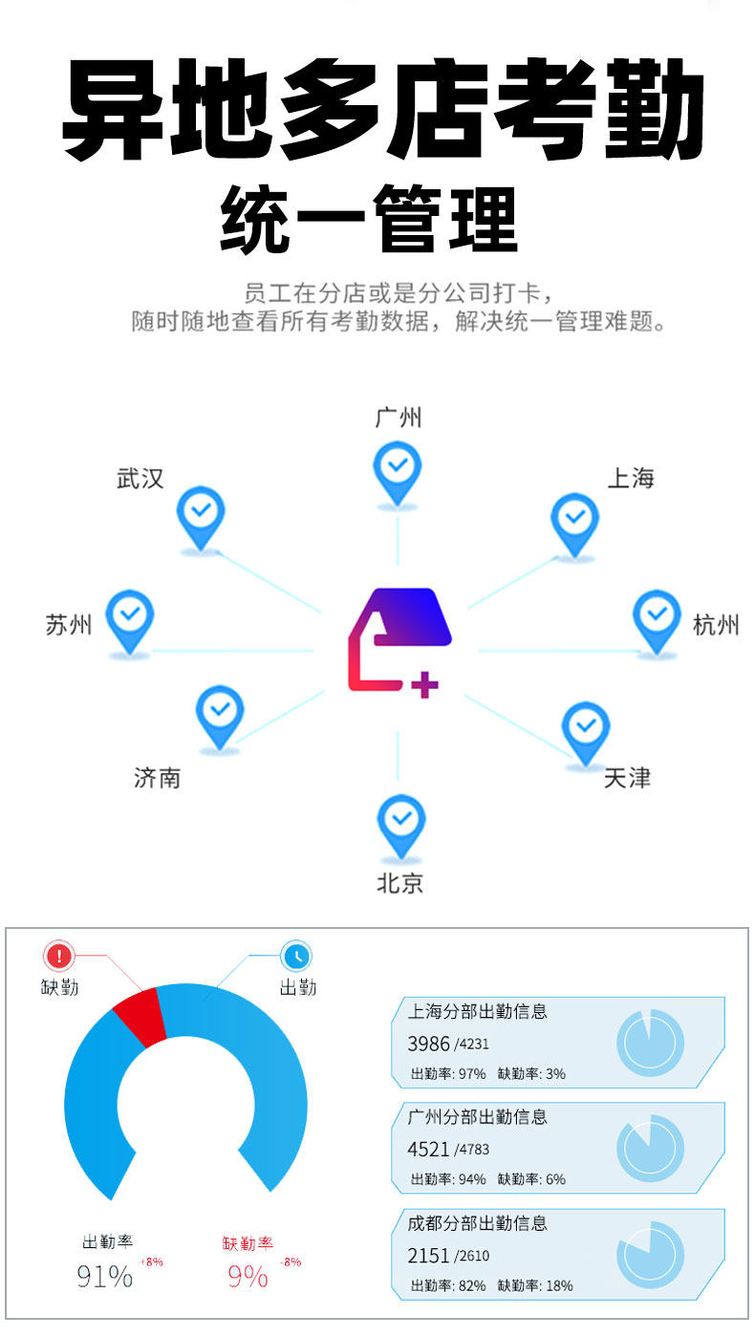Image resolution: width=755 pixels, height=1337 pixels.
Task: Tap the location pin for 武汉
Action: pos(201,515)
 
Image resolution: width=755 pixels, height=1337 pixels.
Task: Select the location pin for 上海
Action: pos(574,522)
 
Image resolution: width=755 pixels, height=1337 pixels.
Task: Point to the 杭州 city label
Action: pos(716,626)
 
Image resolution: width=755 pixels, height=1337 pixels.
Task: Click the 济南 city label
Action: pos(157,778)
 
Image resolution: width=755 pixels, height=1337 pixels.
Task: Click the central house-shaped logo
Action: pos(399,639)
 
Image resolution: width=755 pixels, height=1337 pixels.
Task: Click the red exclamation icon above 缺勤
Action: pos(59,956)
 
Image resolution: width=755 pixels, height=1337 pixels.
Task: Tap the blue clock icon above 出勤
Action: pos(296,956)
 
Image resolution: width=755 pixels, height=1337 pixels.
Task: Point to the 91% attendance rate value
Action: pos(105,1276)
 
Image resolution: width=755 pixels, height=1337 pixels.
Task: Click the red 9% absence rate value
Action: pos(248,1276)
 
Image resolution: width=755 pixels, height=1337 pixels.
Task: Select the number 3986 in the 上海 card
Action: pos(427,1044)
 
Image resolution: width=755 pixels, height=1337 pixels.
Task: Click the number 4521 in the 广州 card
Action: pos(427,1149)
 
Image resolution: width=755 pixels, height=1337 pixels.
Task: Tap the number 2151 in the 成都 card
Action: pos(427,1255)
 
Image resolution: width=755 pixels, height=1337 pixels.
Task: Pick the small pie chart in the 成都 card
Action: pos(651,1253)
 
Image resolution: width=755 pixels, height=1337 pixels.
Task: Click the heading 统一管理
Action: pos(369,219)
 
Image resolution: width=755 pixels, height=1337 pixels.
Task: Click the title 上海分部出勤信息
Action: pos(477,1011)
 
